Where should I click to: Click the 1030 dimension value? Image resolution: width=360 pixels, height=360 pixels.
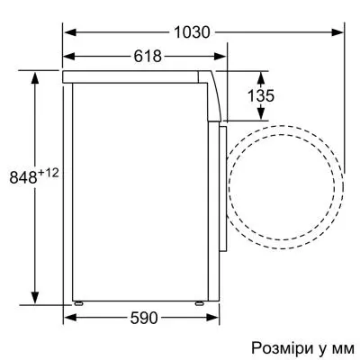192,32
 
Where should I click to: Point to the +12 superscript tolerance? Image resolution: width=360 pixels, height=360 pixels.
48,173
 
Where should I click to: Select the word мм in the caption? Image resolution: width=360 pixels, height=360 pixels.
343,346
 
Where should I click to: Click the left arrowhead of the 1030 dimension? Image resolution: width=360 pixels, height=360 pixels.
68,32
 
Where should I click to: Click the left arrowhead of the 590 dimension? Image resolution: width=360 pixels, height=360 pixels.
68,318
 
